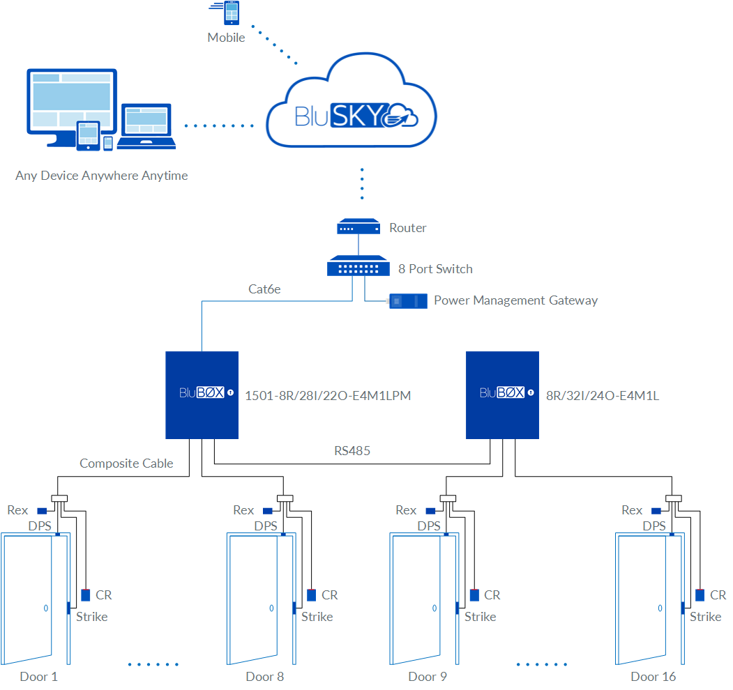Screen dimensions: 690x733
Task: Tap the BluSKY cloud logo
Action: [x=352, y=114]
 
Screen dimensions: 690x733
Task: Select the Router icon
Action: [x=358, y=227]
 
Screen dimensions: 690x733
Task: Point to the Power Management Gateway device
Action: [x=408, y=301]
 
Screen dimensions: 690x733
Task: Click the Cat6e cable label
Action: [x=264, y=289]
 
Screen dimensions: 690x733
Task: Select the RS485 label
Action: [x=352, y=451]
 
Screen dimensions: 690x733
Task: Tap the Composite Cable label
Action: [x=126, y=463]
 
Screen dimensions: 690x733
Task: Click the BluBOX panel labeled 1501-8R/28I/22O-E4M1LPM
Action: [x=202, y=394]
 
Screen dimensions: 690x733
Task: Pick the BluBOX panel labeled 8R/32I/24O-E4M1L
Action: [x=502, y=394]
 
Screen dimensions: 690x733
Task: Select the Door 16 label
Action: [x=653, y=677]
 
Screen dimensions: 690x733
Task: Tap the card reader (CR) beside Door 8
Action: [x=311, y=595]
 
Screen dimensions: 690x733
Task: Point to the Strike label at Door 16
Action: [x=706, y=617]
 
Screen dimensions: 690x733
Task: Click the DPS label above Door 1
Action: [x=40, y=526]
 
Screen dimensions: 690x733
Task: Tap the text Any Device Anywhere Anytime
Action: [x=102, y=176]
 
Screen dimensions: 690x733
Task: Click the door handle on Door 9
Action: [x=434, y=608]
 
